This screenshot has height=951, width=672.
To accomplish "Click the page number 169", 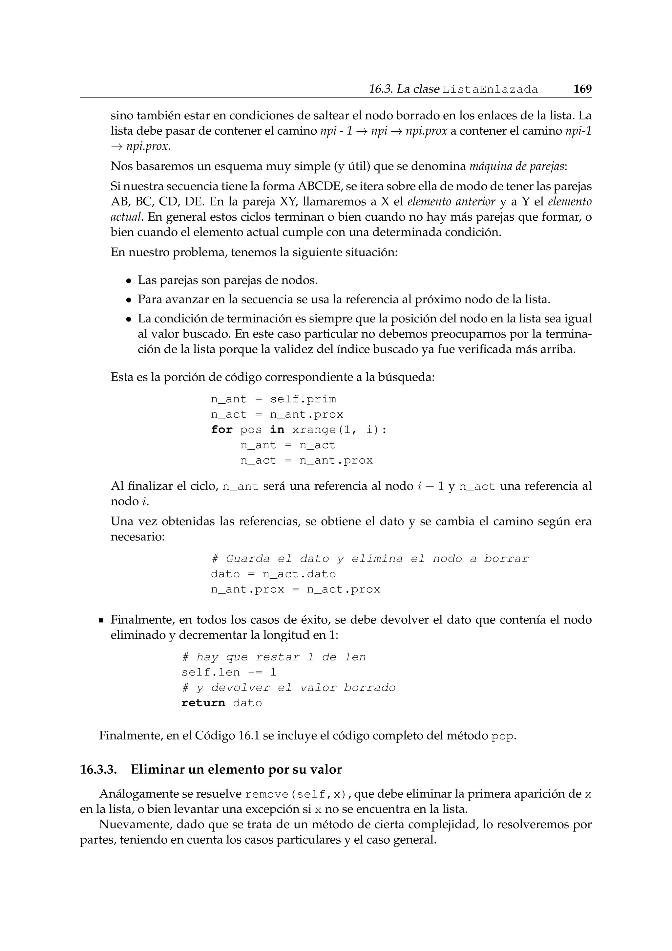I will coord(582,89).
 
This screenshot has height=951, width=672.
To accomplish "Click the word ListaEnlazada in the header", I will coord(490,89).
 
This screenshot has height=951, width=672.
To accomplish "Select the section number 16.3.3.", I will coord(98,770).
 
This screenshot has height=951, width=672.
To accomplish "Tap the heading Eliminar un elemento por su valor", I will coord(236,770).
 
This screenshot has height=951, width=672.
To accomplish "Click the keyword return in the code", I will coord(203,703).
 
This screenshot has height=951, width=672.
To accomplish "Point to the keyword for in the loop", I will coord(221,430).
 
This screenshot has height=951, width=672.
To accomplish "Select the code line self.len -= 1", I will coord(229,672).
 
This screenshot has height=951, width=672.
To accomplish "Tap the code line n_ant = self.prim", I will coord(274,399).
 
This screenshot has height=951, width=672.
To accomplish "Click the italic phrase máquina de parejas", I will coord(516,166).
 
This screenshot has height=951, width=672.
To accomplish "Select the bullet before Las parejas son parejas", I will coord(129,281).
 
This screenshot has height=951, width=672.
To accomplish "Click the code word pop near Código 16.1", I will coord(503,736).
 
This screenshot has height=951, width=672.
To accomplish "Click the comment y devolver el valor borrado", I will coord(288,688).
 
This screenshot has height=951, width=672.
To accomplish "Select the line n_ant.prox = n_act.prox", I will coord(295,589).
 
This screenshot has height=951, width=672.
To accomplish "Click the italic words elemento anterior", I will coord(451,202).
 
